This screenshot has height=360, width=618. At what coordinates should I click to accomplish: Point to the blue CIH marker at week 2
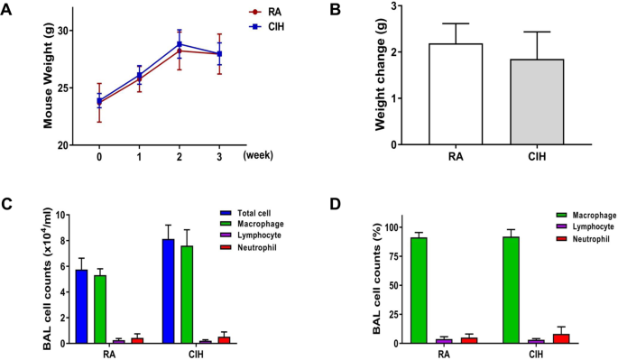[x=180, y=44]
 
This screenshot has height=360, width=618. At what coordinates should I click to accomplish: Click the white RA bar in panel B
[x=456, y=94]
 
